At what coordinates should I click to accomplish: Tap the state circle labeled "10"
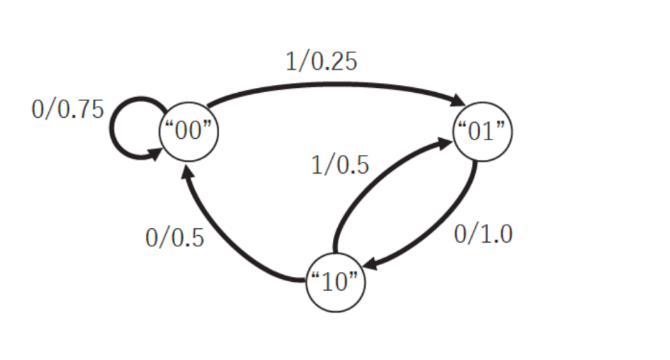tap(336, 283)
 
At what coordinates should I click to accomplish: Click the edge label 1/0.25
tap(321, 62)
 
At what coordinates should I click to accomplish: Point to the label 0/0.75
tap(68, 110)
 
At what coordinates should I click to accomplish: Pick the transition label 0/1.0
tap(483, 234)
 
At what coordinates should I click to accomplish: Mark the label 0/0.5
tap(175, 238)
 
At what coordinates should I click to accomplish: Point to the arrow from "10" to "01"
tap(370, 188)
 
